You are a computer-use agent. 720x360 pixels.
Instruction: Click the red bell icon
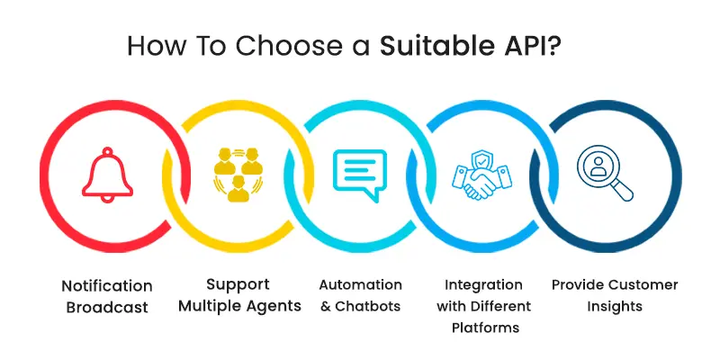point(107,175)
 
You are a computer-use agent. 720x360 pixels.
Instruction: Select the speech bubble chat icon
point(360,173)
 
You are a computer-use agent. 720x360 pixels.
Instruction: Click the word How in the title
point(157,45)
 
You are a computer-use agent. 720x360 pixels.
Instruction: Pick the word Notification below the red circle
point(107,285)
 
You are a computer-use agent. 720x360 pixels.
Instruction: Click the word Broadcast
point(107,307)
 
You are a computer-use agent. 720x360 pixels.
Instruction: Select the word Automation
point(360,284)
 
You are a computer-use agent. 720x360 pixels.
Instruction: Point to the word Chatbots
point(368,306)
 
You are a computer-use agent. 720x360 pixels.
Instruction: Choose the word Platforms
point(486,328)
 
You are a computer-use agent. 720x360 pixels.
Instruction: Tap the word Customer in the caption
point(641,284)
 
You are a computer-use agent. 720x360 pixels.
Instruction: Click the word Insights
point(616,306)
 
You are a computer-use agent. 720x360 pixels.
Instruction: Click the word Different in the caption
point(502,306)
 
